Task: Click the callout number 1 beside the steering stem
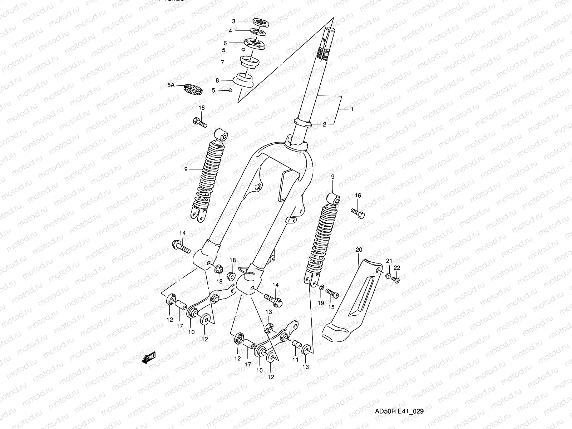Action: tap(352, 109)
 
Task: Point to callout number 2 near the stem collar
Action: tap(325, 125)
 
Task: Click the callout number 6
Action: tap(225, 43)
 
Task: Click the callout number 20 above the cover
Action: tap(359, 249)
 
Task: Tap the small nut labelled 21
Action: tap(388, 275)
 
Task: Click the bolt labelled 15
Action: tap(332, 294)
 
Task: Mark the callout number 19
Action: tap(321, 303)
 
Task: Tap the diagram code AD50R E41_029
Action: tap(399, 411)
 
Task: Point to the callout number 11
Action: tap(295, 360)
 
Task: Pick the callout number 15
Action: tap(331, 307)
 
